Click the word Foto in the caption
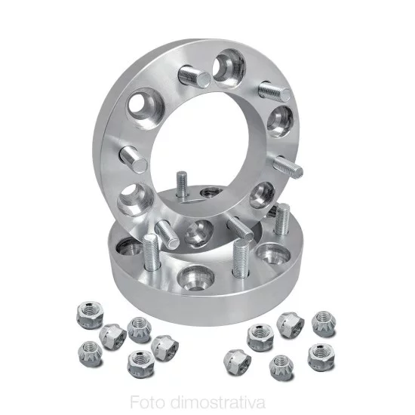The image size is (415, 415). pyautogui.click(x=147, y=400)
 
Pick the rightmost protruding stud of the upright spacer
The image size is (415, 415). pyautogui.click(x=289, y=165)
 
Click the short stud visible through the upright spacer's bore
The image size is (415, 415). pyautogui.click(x=183, y=184)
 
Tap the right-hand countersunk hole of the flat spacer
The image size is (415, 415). pyautogui.click(x=268, y=254)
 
